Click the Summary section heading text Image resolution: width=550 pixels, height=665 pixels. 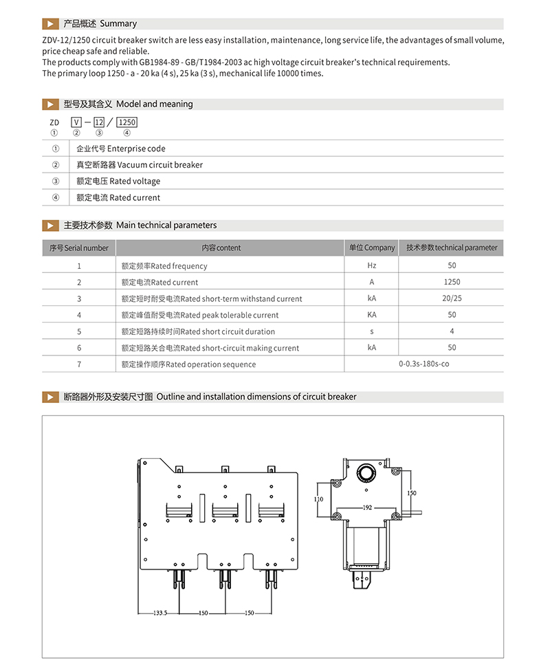pyautogui.click(x=100, y=24)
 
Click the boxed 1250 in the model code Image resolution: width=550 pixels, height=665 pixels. pyautogui.click(x=127, y=122)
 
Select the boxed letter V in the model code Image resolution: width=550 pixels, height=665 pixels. pyautogui.click(x=76, y=122)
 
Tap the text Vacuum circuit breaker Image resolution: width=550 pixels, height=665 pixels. pyautogui.click(x=140, y=165)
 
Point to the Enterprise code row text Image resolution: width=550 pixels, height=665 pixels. pyautogui.click(x=121, y=149)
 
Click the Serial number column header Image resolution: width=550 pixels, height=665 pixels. pyautogui.click(x=79, y=248)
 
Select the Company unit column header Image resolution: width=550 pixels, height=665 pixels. pyautogui.click(x=372, y=248)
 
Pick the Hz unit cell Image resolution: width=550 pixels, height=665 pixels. pyautogui.click(x=372, y=266)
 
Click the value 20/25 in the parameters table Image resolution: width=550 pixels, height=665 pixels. pyautogui.click(x=452, y=298)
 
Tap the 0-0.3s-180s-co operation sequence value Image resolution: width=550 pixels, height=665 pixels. pyautogui.click(x=423, y=364)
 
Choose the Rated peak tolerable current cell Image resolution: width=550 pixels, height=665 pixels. pyautogui.click(x=200, y=315)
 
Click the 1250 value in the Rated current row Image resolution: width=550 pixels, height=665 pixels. pyautogui.click(x=452, y=282)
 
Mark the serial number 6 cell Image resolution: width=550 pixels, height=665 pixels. pyautogui.click(x=79, y=348)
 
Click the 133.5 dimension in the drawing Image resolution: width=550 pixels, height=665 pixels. pyautogui.click(x=159, y=613)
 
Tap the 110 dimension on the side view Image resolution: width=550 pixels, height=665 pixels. pyautogui.click(x=318, y=500)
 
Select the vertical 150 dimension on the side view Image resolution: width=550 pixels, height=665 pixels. pyautogui.click(x=411, y=493)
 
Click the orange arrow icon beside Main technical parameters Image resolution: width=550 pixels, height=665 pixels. pyautogui.click(x=50, y=226)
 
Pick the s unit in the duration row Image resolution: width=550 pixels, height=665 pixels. pyautogui.click(x=372, y=331)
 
